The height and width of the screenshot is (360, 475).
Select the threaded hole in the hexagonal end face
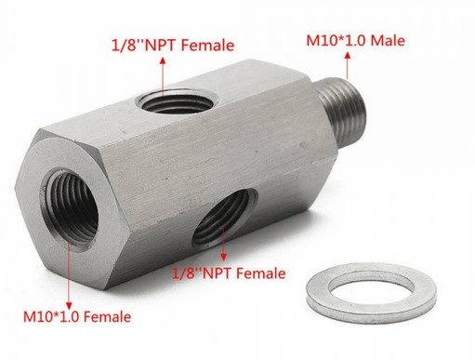click(x=69, y=208)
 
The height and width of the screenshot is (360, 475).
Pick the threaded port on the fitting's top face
click(x=177, y=101)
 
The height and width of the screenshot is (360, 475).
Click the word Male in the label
click(x=388, y=41)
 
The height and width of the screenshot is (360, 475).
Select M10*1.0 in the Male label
click(x=336, y=41)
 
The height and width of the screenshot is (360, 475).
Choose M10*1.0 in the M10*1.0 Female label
click(x=53, y=317)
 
